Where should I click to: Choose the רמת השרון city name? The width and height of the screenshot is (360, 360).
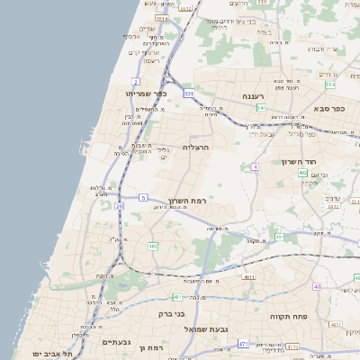pyautogui.click(x=187, y=201)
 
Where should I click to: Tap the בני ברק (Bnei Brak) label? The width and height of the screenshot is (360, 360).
pyautogui.click(x=190, y=314)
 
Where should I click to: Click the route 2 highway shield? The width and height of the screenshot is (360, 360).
pyautogui.click(x=136, y=82)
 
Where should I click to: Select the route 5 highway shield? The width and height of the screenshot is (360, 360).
pyautogui.click(x=142, y=196)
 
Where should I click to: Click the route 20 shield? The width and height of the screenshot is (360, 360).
pyautogui.click(x=120, y=206)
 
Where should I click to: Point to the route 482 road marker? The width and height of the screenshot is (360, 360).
pyautogui.click(x=153, y=245)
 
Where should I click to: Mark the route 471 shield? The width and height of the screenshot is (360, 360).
pyautogui.click(x=243, y=344)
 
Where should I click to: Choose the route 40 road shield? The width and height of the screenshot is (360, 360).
pyautogui.click(x=317, y=286)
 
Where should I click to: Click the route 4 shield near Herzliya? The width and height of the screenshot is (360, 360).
pyautogui.click(x=256, y=166)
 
